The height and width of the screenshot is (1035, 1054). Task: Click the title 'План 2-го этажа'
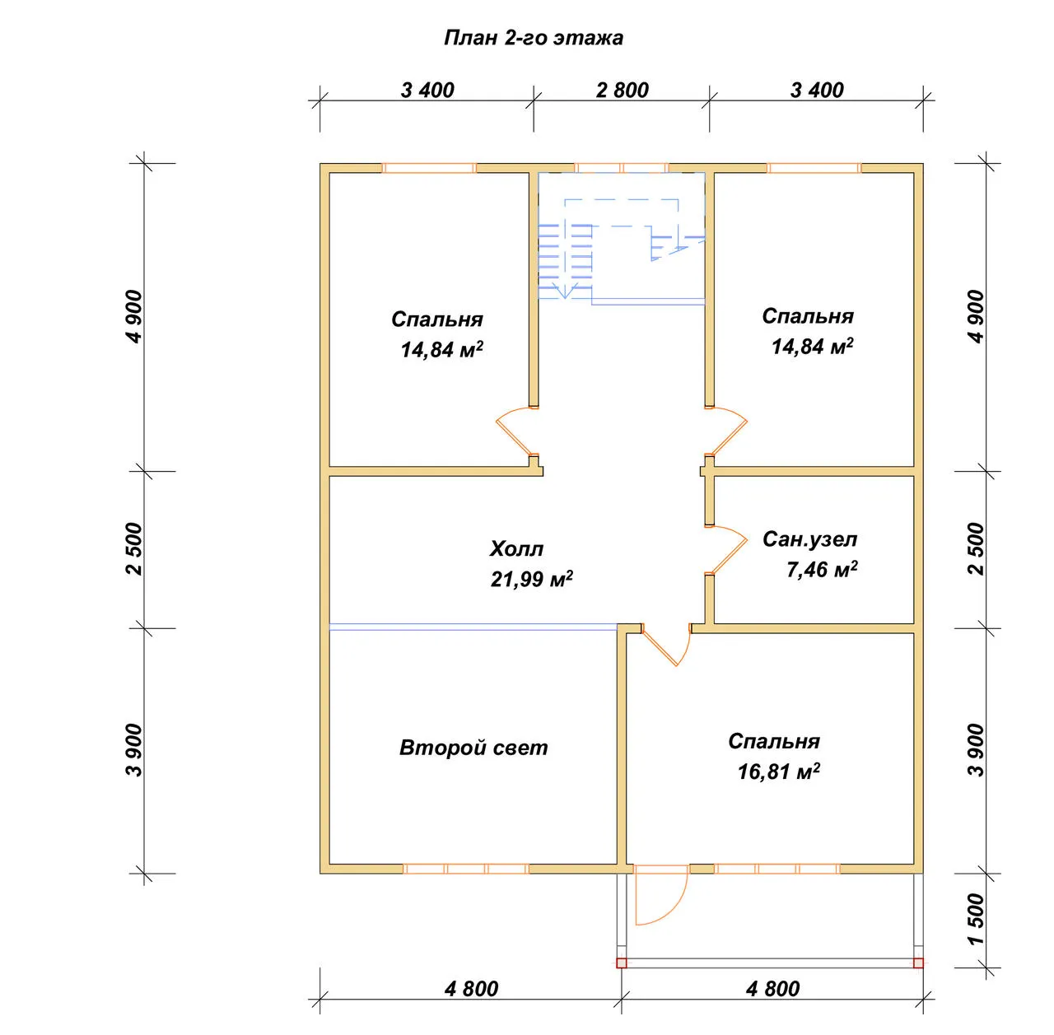[x=533, y=38]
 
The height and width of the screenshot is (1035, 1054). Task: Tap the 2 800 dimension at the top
[x=622, y=91]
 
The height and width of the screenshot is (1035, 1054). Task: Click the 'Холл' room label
[x=516, y=548]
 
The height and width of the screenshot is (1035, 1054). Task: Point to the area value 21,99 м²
[x=531, y=578]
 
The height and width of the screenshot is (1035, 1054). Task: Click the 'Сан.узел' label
[x=809, y=539]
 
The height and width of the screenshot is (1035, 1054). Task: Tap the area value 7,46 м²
[x=822, y=570]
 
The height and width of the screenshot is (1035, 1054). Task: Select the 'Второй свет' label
[x=473, y=748]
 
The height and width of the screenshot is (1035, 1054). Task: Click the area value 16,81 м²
[x=778, y=772]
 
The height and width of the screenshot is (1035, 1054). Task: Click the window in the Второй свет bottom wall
[x=466, y=869]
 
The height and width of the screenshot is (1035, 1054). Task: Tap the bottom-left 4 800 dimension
[x=472, y=989]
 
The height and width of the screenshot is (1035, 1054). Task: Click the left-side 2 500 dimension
[x=134, y=548]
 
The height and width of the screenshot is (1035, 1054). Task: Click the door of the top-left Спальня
[x=511, y=432]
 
